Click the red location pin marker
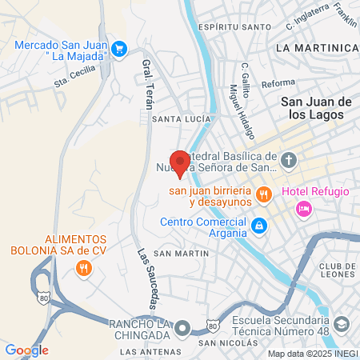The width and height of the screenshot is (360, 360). pos(180,163)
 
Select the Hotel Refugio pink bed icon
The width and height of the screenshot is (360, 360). pos(303,209)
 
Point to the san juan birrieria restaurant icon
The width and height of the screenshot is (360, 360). pos(262,193)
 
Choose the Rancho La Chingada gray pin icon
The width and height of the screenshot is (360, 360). pos(184,328)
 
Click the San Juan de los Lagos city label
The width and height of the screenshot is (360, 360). pos(317,108)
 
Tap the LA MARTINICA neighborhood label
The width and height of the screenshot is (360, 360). pos(316,48)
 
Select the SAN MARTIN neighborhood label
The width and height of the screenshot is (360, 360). pos(181,254)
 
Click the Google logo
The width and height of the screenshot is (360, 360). pos(26,350)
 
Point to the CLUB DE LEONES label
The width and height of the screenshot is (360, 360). pos(336,270)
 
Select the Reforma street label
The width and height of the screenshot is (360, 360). pos(256,82)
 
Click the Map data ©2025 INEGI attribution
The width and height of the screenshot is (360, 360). pos(312,354)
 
